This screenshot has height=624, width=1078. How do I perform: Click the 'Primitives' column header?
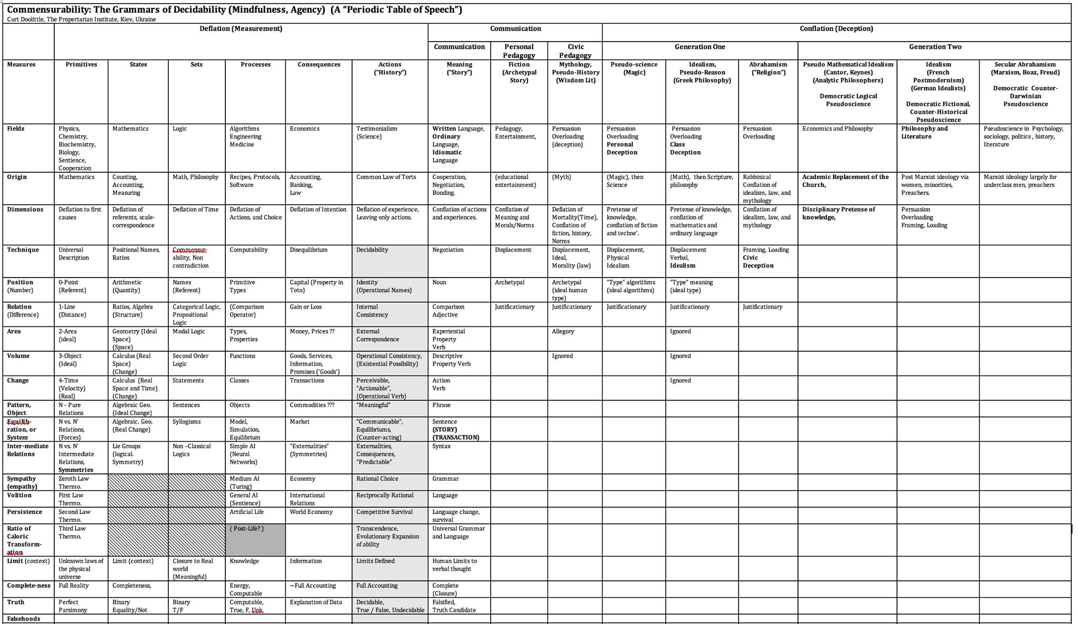81,65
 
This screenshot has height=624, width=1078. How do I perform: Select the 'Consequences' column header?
318,65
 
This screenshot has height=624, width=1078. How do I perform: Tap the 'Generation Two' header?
935,47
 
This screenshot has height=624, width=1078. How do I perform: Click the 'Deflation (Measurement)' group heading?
241,29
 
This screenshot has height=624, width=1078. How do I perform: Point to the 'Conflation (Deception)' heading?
836,29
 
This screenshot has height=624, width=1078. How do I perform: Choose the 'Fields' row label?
16,129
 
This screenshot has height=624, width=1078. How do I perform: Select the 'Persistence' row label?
24,512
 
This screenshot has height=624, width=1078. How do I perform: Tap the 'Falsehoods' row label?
23,619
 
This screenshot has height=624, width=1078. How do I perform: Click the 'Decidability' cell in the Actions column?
372,250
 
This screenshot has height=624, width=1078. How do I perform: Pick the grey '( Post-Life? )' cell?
246,529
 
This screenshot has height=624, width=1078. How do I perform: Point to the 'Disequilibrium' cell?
308,250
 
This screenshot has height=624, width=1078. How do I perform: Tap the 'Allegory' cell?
563,332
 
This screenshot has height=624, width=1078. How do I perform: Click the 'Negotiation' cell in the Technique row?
448,250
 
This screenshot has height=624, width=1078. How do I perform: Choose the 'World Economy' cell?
311,512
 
